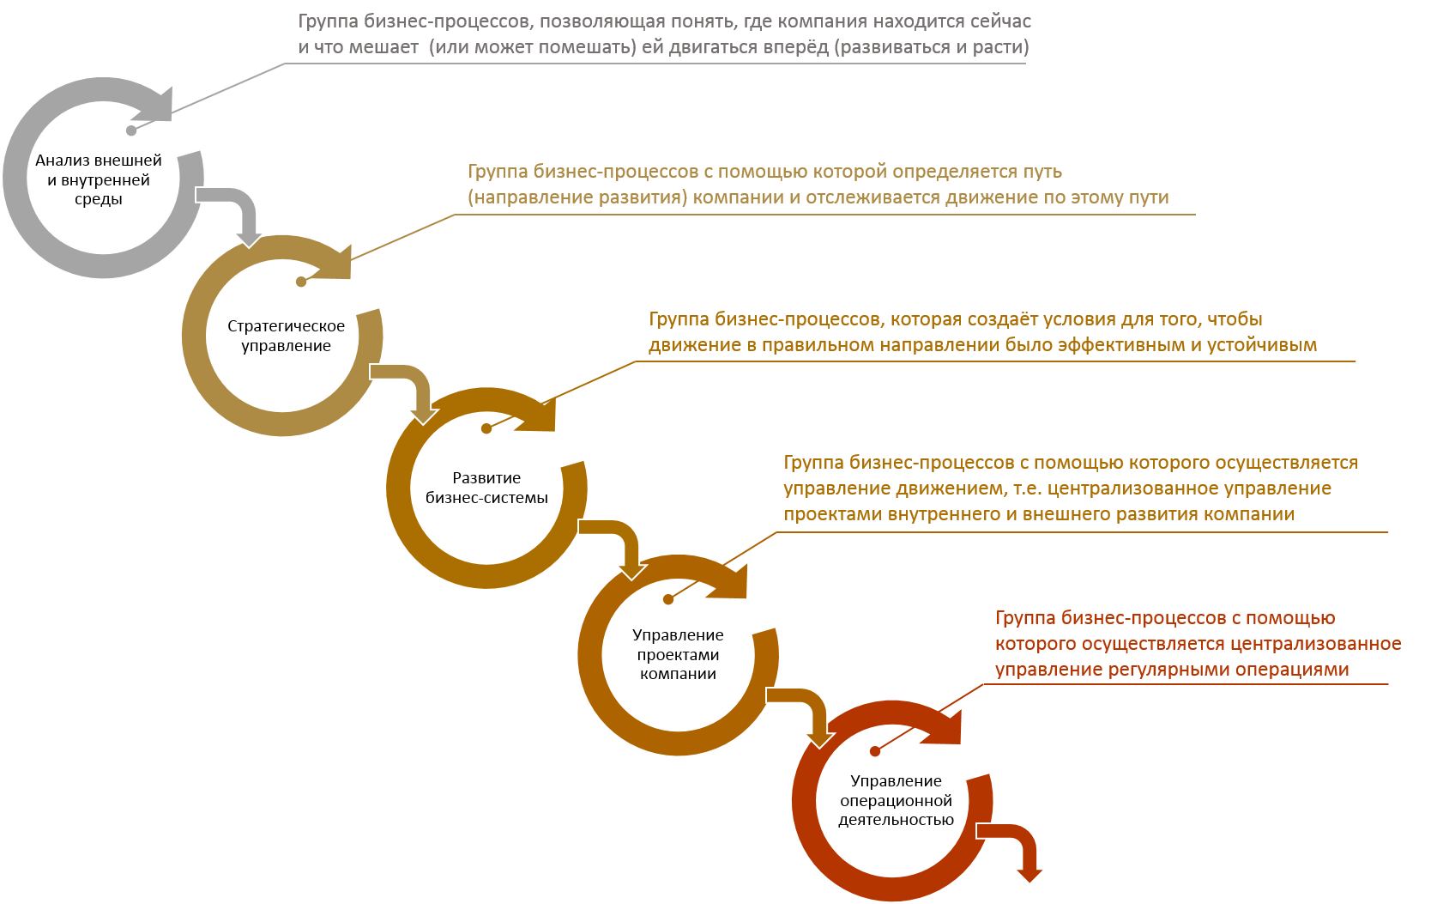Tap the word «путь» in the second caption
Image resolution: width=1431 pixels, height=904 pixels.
pyautogui.click(x=1042, y=172)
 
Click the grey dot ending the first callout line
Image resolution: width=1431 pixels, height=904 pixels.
pyautogui.click(x=131, y=130)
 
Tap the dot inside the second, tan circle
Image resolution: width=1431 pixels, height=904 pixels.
pyautogui.click(x=301, y=282)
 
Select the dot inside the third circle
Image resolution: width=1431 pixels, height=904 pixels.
pyautogui.click(x=486, y=428)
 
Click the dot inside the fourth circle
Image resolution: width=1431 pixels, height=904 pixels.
pyautogui.click(x=668, y=599)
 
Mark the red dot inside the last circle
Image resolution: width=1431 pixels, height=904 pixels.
pyautogui.click(x=875, y=751)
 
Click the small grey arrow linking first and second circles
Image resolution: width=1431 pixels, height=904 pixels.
pyautogui.click(x=235, y=206)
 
